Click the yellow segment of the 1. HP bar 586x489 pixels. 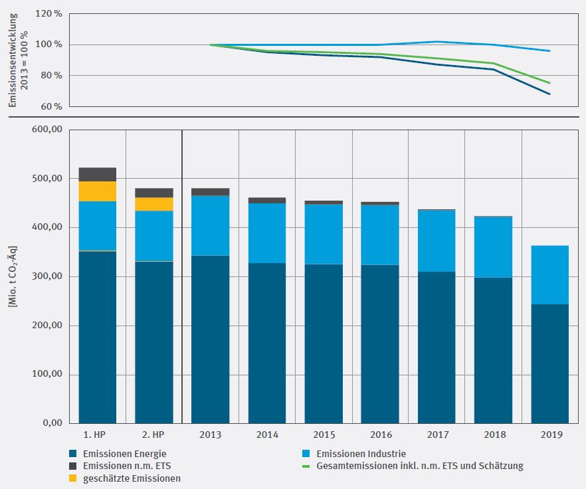pos(97,191)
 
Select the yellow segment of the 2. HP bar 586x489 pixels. pos(153,204)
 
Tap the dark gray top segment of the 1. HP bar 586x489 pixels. pos(97,174)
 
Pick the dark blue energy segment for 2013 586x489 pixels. pos(210,339)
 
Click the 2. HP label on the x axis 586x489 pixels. pos(153,435)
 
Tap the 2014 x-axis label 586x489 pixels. pos(266,435)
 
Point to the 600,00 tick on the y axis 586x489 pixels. pos(47,130)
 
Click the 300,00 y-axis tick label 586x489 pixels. pos(47,276)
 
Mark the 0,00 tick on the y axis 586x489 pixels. pos(52,423)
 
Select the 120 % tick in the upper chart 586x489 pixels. pos(49,13)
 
